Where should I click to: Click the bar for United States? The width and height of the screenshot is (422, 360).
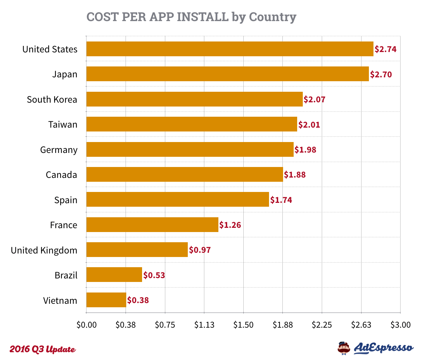(230, 49)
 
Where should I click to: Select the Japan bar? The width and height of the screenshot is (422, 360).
(228, 74)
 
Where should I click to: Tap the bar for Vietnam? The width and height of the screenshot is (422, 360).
(106, 300)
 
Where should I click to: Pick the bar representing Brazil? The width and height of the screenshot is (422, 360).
(114, 275)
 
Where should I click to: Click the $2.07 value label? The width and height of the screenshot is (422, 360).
(315, 99)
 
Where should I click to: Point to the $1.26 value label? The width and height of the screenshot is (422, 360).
(230, 225)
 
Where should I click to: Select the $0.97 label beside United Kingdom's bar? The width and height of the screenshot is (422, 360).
(200, 250)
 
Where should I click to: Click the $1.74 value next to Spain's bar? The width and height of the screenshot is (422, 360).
(281, 200)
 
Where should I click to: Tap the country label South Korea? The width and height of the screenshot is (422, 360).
(52, 99)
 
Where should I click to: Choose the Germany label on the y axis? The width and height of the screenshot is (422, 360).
(59, 150)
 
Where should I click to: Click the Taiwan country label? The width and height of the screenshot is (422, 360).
(63, 124)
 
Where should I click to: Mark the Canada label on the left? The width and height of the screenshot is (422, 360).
(62, 175)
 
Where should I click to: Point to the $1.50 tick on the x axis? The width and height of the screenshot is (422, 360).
(243, 325)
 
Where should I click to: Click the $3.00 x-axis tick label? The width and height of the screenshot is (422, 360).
(400, 325)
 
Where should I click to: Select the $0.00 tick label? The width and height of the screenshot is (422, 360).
(87, 325)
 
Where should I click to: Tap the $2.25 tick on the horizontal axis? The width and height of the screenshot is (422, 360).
(322, 325)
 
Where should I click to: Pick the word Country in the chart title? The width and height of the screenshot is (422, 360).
(273, 17)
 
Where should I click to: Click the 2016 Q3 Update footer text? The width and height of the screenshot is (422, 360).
(43, 349)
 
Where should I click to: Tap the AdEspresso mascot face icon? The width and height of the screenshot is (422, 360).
(344, 348)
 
